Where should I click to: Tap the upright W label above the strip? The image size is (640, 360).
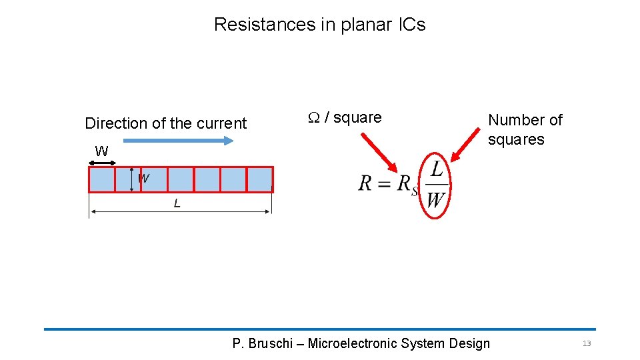101,151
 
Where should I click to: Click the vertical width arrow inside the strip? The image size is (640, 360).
132,179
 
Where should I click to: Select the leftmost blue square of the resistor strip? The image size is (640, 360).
101,179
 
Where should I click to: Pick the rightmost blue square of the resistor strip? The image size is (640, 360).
260,179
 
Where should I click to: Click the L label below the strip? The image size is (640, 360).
177,204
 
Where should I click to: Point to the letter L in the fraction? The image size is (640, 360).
436,169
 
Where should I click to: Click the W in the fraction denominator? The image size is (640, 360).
435,199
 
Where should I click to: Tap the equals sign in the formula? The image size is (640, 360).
385,183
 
